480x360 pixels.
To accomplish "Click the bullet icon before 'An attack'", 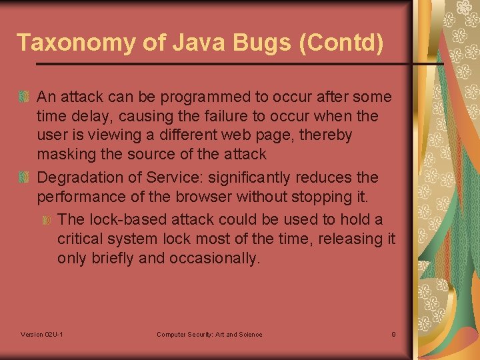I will tap(24, 97).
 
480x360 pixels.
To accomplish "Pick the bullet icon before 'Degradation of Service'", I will tap(24, 178).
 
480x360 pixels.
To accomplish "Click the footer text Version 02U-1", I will tap(42, 334).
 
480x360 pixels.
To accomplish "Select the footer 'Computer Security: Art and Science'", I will tap(209, 334).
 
